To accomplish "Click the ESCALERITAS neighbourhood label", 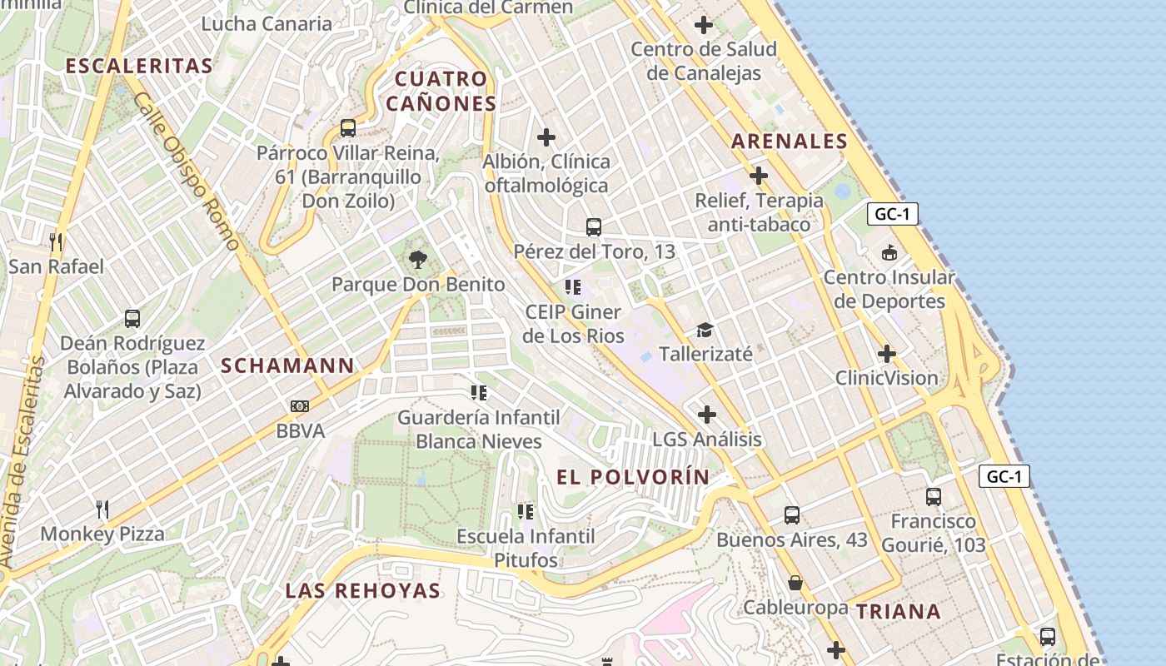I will pyautogui.click(x=139, y=66).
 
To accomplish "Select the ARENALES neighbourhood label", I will pyautogui.click(x=790, y=142).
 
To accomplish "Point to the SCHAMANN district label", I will pyautogui.click(x=287, y=365).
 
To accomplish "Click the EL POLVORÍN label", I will pyautogui.click(x=633, y=477).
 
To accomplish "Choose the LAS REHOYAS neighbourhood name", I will pyautogui.click(x=362, y=591).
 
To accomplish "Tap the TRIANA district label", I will pyautogui.click(x=899, y=612).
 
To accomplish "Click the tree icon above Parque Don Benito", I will pyautogui.click(x=417, y=260).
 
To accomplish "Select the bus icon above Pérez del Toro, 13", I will pyautogui.click(x=594, y=226).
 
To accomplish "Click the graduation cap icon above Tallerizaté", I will pyautogui.click(x=705, y=330).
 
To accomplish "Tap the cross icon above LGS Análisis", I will pyautogui.click(x=706, y=414).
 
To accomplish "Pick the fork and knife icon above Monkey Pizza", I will pyautogui.click(x=102, y=509).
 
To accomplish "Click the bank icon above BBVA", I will pyautogui.click(x=300, y=406).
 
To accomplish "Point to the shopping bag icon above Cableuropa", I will pyautogui.click(x=795, y=583).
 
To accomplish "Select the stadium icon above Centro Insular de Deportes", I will pyautogui.click(x=889, y=252).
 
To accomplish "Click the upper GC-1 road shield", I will pyautogui.click(x=892, y=214).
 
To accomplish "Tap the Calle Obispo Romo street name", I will pyautogui.click(x=187, y=171).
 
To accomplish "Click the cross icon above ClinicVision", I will pyautogui.click(x=887, y=354).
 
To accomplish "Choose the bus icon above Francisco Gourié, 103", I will pyautogui.click(x=934, y=497).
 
